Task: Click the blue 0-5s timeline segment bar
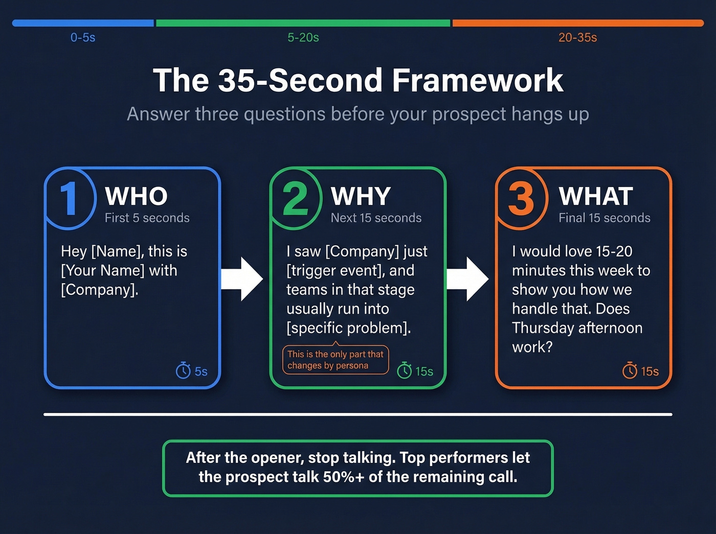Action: point(83,23)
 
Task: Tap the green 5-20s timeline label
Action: point(303,37)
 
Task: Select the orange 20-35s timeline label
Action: point(577,37)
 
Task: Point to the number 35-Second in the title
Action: point(301,81)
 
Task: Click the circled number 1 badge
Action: point(69,199)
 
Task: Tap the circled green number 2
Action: point(295,199)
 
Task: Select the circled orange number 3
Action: point(521,199)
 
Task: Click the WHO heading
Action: point(136,196)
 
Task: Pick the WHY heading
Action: point(361,196)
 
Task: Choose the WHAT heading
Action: point(596,196)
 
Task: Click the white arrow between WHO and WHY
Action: point(242,279)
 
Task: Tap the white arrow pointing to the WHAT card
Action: point(468,279)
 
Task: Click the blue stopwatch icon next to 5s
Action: point(183,370)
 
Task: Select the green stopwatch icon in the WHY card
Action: point(405,370)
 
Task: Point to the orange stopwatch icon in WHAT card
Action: point(630,370)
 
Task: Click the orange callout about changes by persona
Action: point(335,360)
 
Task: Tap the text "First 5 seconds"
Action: point(147,218)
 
